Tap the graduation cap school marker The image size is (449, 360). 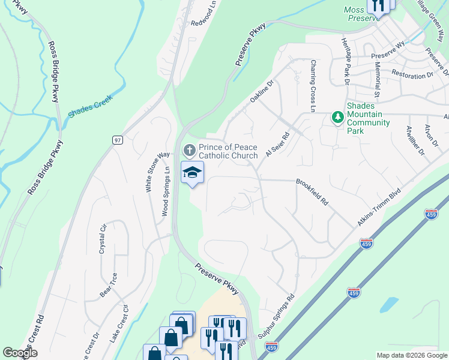coord(193,173)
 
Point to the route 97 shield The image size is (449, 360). coord(118,140)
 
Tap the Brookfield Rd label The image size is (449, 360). coord(312,192)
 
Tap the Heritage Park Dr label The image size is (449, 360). coord(346,66)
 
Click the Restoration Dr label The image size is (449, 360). coord(412,75)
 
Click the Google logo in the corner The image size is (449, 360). coord(20,353)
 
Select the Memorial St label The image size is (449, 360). coord(378,79)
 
